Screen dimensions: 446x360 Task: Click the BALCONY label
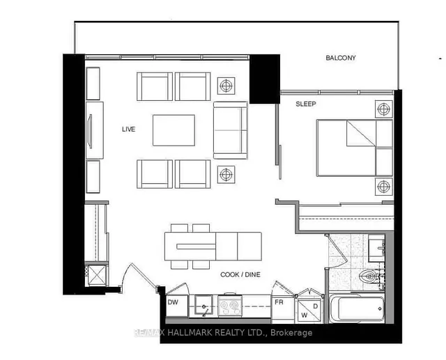point(341,58)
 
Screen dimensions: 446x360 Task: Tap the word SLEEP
point(306,104)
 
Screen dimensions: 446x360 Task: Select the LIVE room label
point(128,130)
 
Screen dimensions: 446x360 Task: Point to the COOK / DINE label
point(240,274)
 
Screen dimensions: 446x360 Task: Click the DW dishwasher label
point(173,302)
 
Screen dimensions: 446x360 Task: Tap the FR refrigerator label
point(279,302)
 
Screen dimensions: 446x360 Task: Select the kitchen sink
point(203,305)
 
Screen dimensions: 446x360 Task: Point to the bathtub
point(357,308)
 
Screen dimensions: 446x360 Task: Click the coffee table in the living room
point(174,130)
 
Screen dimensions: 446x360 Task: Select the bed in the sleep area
point(355,148)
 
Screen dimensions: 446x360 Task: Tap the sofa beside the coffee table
point(231,130)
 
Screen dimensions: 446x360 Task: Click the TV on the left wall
point(91,131)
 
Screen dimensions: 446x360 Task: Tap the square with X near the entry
point(97,275)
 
